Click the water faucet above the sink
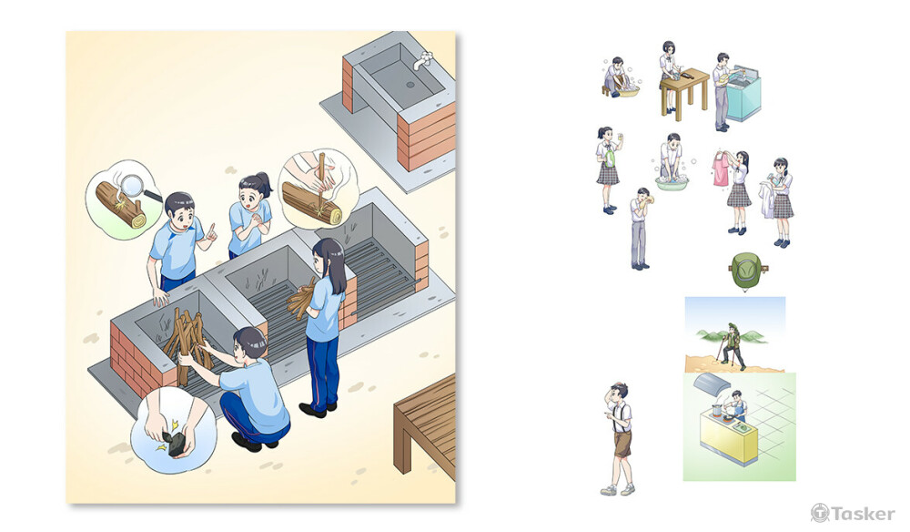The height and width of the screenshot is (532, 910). pos(424,60)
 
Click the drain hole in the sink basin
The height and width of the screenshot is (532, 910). pos(410,85)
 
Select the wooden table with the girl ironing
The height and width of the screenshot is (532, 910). pos(685,92)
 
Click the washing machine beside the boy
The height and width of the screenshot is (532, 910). pos(743,93)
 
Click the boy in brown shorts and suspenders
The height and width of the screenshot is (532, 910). pos(619,438)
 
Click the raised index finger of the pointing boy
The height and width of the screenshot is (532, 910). pos(212,229)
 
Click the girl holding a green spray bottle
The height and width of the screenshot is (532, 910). pos(608,169)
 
